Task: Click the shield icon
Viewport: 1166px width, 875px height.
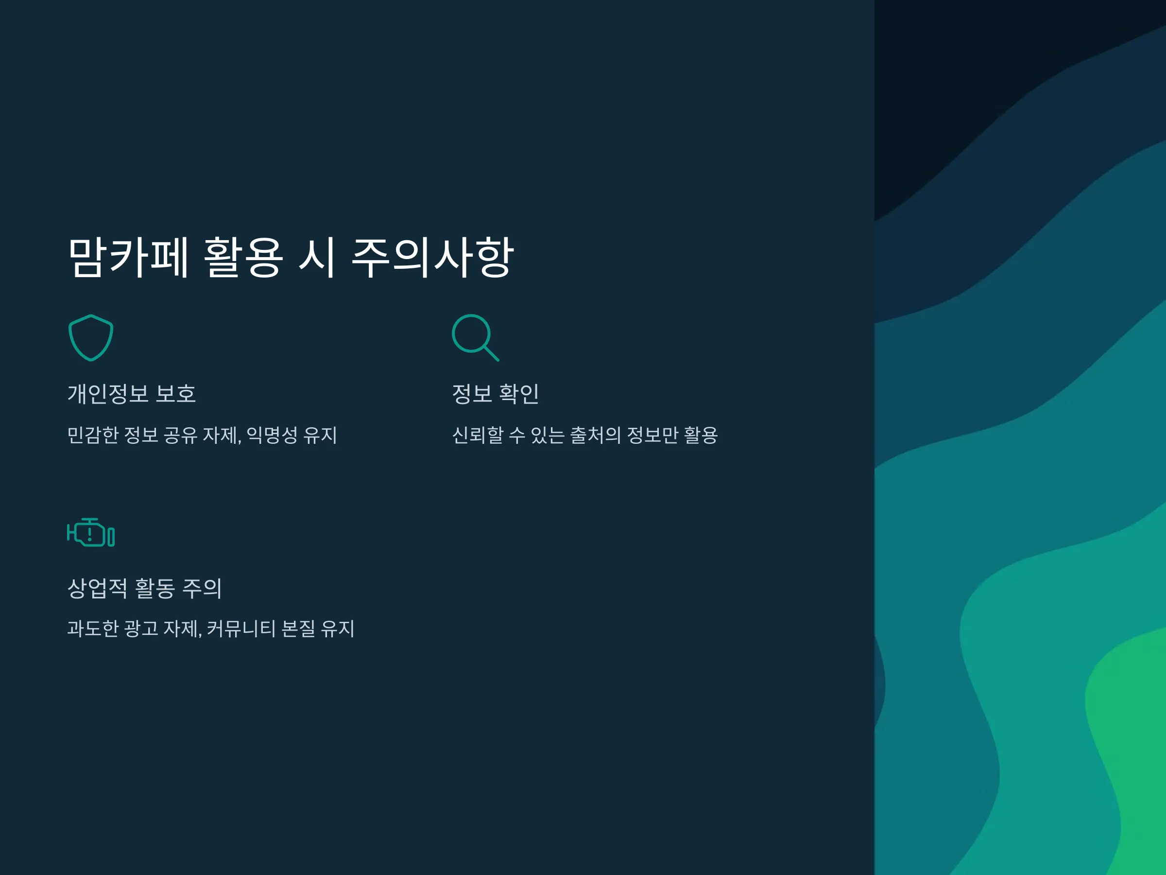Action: (x=91, y=337)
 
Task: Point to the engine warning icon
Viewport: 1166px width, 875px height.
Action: (x=91, y=533)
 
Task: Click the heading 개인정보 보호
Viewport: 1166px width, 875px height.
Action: (x=132, y=393)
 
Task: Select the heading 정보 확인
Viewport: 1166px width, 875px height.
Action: (x=496, y=393)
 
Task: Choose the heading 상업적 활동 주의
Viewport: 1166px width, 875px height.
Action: (x=145, y=588)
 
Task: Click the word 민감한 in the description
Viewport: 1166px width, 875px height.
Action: (x=93, y=435)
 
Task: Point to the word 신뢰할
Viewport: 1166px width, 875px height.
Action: (x=478, y=435)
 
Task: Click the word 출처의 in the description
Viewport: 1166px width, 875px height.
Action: (x=596, y=435)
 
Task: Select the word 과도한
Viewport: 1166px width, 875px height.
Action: (x=93, y=629)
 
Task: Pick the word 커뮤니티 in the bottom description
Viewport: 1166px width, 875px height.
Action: (x=241, y=629)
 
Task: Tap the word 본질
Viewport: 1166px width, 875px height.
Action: (x=298, y=629)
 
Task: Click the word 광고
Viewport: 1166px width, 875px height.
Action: (x=141, y=629)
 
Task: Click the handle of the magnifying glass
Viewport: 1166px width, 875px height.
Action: (x=491, y=353)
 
